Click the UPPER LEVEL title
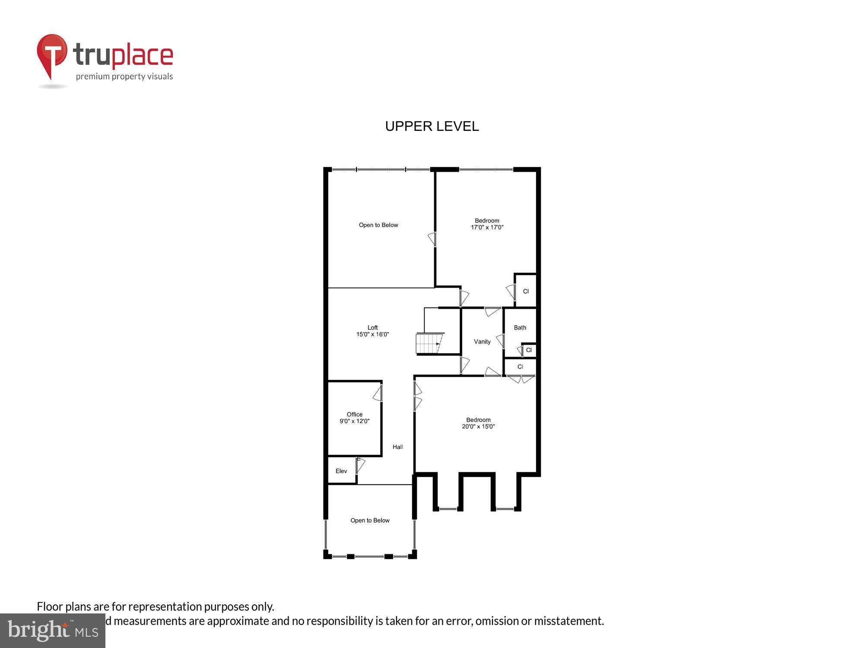(432, 126)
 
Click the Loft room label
(372, 327)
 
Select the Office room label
(354, 414)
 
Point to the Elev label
(341, 471)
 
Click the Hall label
(397, 447)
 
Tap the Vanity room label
(482, 342)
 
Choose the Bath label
(520, 327)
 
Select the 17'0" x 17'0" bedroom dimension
(487, 227)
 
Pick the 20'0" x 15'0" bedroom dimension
(478, 426)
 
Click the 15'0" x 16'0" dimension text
(372, 334)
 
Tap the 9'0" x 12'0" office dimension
(354, 421)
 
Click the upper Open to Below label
(378, 225)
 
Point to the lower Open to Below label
(370, 521)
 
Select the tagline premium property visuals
(124, 76)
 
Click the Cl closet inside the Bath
(529, 350)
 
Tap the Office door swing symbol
(378, 393)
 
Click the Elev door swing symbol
(360, 465)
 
